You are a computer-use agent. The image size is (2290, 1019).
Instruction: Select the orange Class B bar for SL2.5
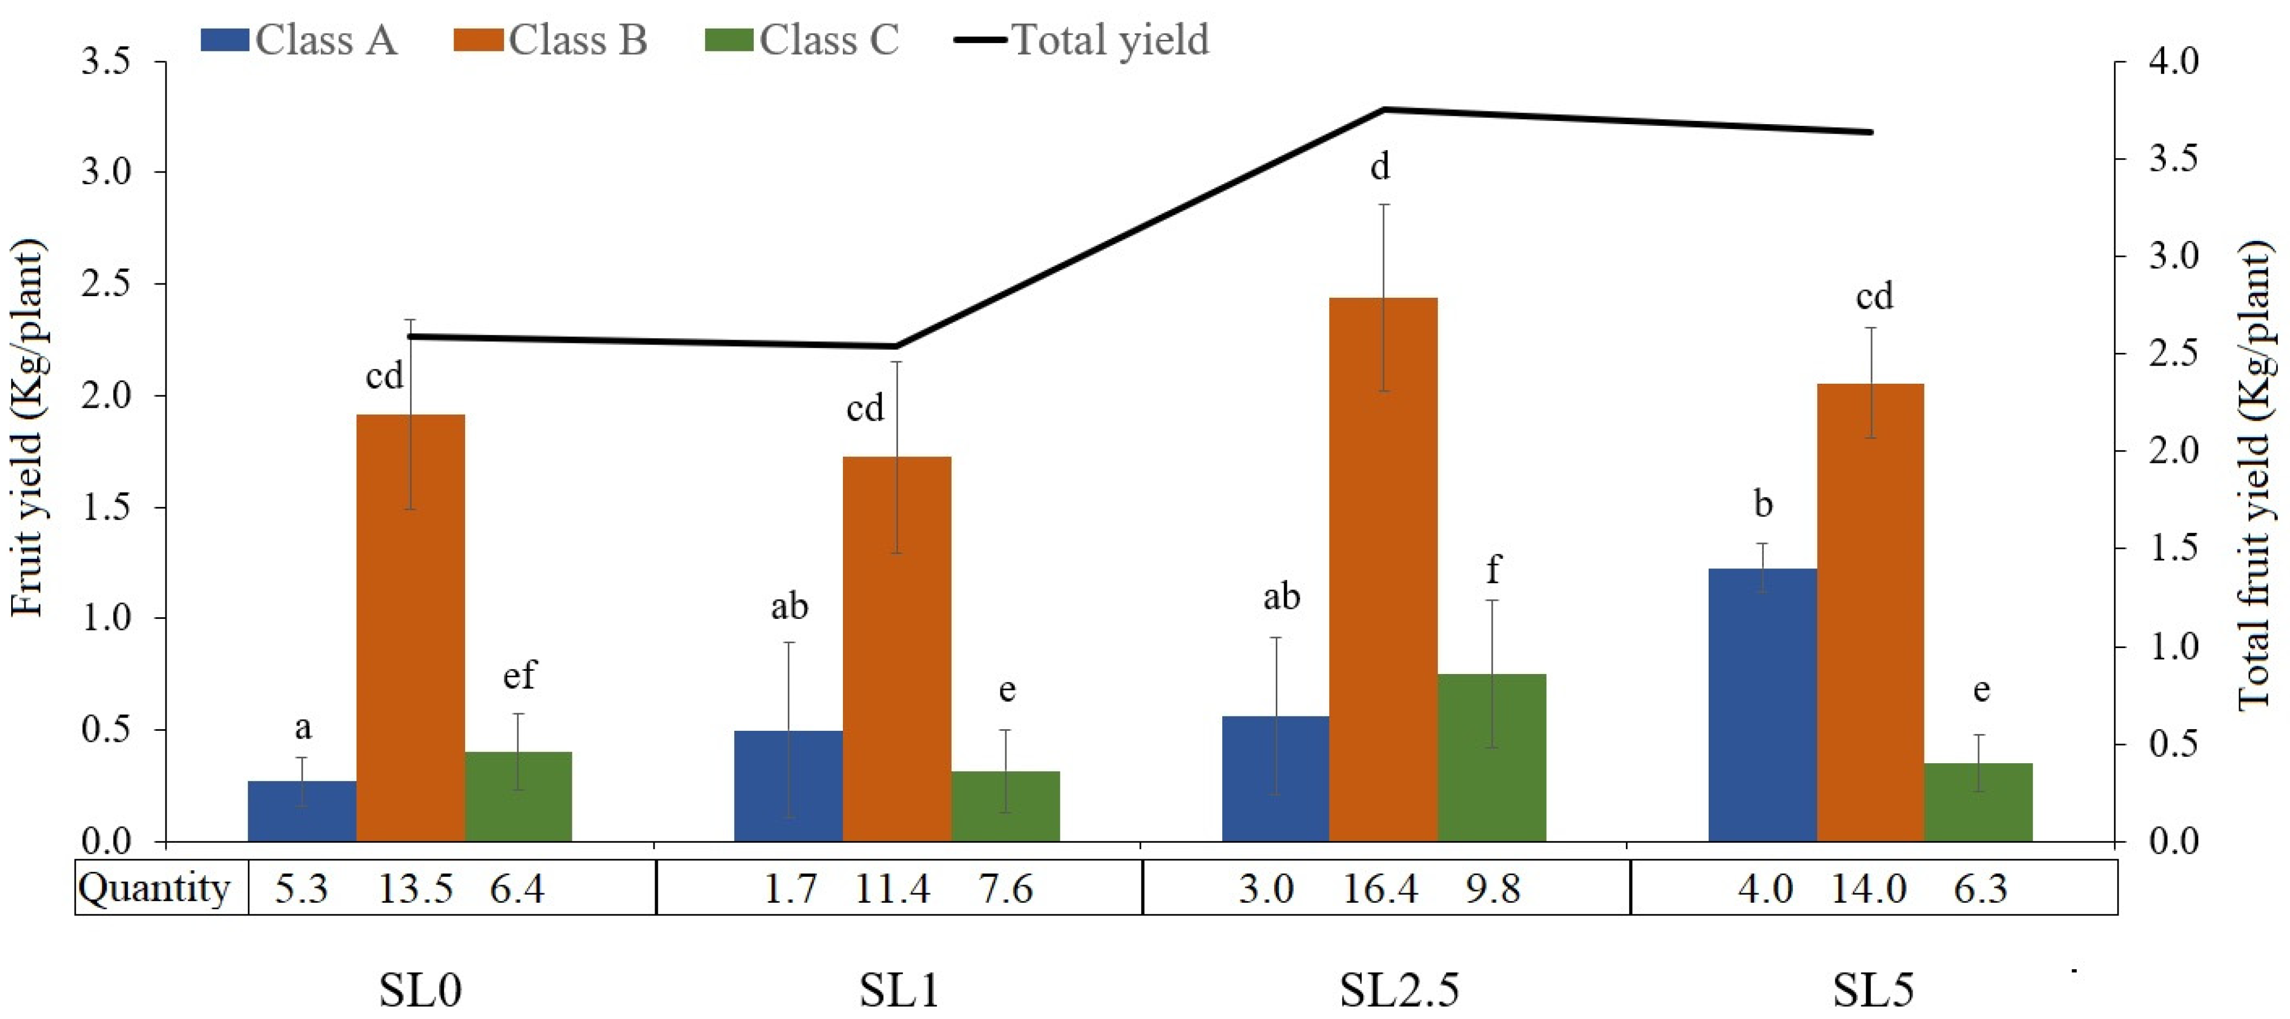tap(1383, 569)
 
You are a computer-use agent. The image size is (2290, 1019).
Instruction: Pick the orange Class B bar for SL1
tap(897, 649)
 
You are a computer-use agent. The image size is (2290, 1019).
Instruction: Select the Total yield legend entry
tap(1082, 40)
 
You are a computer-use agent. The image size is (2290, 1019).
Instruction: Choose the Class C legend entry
tap(802, 40)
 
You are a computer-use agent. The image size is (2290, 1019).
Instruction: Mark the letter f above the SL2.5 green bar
tap(1493, 568)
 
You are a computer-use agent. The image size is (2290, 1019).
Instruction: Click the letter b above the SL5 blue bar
tap(1763, 504)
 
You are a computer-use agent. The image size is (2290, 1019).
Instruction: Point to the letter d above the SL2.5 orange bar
tap(1380, 166)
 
